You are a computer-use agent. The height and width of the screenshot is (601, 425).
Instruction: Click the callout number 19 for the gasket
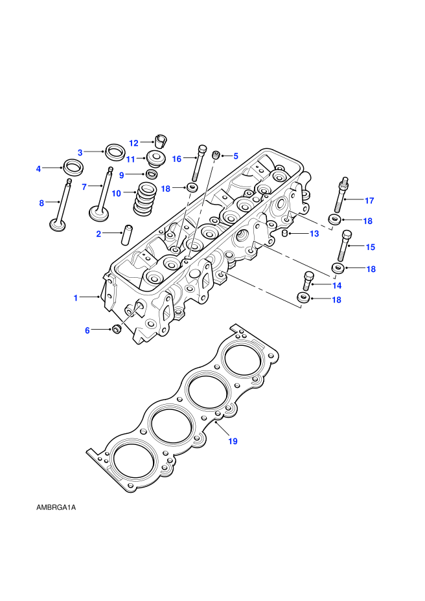tap(233, 441)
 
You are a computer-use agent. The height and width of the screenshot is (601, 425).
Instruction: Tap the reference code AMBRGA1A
tap(56, 508)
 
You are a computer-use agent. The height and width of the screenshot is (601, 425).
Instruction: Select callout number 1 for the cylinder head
tap(76, 298)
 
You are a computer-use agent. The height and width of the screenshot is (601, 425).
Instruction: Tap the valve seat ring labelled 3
tap(115, 152)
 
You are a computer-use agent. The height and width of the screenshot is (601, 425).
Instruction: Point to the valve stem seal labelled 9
tap(152, 174)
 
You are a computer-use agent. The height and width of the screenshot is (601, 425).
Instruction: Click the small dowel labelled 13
tap(285, 233)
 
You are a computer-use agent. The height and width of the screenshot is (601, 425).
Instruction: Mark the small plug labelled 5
tap(216, 155)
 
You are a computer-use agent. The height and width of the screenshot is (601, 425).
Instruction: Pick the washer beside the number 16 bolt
tap(192, 188)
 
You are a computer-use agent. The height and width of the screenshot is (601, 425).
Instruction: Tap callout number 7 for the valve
tap(84, 187)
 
